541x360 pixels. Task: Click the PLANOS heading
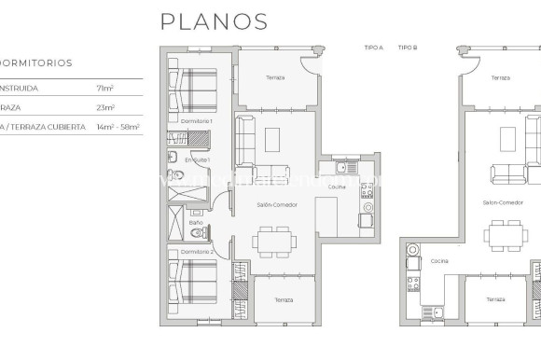[x=214, y=21]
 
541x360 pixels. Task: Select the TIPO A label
[x=373, y=46]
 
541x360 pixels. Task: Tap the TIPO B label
[x=407, y=46]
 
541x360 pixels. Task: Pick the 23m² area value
[x=104, y=107]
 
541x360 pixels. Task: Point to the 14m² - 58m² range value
[x=118, y=126]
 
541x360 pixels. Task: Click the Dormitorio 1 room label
[x=197, y=122]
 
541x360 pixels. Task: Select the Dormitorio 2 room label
[x=197, y=253]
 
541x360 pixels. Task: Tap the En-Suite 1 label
[x=197, y=160]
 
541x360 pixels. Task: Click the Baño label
[x=195, y=223]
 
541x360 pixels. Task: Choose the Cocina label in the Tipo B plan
[x=438, y=261]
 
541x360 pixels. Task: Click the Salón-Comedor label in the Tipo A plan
[x=277, y=204]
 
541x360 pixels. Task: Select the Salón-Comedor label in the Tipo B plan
[x=501, y=201]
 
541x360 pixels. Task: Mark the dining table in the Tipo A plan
[x=274, y=242]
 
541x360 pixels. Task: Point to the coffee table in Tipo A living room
[x=273, y=140]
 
